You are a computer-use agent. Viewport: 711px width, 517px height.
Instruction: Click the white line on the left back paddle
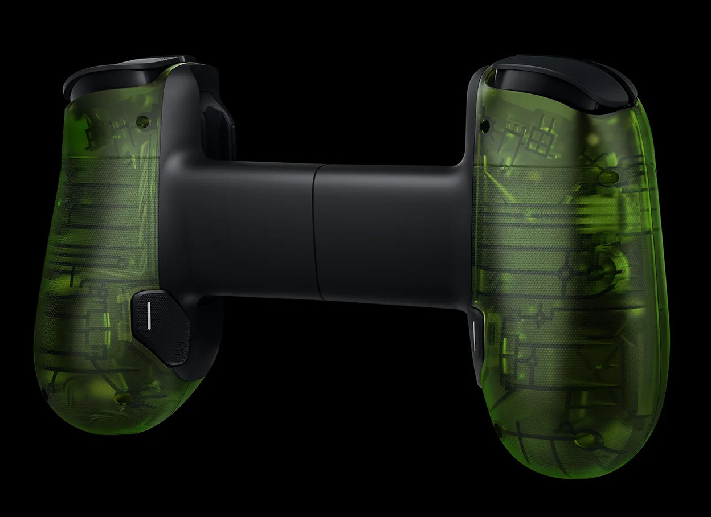click(x=149, y=315)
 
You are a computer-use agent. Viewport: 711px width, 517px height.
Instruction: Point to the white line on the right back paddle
click(x=472, y=337)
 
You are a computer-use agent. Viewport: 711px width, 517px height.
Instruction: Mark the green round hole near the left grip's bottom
click(x=121, y=397)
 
